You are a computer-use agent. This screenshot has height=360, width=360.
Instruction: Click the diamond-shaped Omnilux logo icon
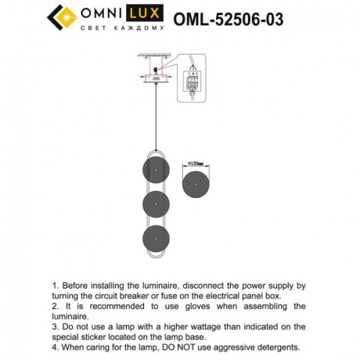(x=62, y=16)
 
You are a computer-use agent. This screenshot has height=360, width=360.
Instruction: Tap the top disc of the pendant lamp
(x=156, y=170)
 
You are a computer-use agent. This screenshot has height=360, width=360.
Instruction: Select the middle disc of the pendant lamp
(x=156, y=204)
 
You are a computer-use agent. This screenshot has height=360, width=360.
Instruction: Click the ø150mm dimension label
(x=195, y=164)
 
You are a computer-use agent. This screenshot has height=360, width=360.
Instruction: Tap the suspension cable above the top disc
(x=155, y=117)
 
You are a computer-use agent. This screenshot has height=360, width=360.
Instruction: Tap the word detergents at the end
(x=276, y=346)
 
